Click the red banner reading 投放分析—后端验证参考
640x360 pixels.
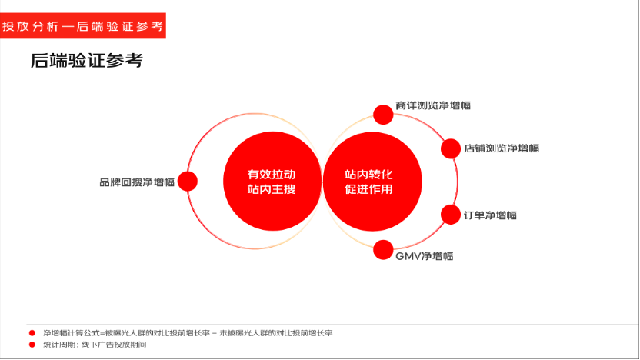pos(83,25)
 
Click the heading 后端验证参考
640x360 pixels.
pos(86,61)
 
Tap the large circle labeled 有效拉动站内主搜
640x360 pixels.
pos(272,182)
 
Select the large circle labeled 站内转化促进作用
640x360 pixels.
pos(372,182)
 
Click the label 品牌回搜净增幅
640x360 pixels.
pos(137,182)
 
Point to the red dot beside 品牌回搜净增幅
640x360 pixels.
pos(188,182)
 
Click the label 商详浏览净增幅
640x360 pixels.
pos(433,105)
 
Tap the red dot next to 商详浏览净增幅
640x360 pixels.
pos(383,115)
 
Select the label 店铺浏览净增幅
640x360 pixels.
pos(502,148)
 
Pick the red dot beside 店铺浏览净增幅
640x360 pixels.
pos(451,148)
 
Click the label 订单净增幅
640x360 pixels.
pos(490,215)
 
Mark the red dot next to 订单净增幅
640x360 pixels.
pos(451,215)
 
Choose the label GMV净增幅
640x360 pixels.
pos(425,256)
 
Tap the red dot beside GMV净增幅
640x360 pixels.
pos(383,249)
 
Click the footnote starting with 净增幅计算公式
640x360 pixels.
pos(188,333)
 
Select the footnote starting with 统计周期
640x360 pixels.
pos(95,345)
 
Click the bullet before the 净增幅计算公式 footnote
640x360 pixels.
pos(32,333)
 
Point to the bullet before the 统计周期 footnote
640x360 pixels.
pos(32,345)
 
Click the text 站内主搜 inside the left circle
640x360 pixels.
pos(272,189)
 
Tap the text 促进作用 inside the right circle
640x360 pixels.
pos(368,189)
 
